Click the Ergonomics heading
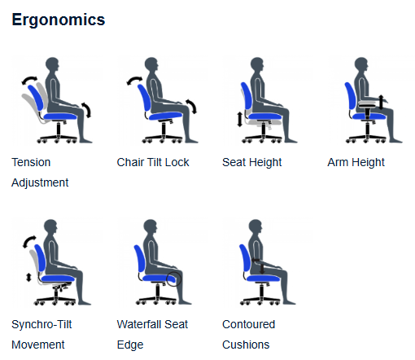(x=59, y=20)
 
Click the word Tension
(x=31, y=162)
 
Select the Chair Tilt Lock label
(x=153, y=162)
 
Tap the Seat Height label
(x=252, y=162)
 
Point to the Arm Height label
(x=356, y=162)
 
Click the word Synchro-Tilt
(x=41, y=324)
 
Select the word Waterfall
(x=140, y=324)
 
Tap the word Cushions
(x=246, y=345)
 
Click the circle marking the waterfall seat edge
(x=173, y=279)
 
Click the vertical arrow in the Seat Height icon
(x=239, y=120)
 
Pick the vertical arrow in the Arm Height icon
(x=381, y=102)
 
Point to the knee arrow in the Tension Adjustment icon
(x=87, y=110)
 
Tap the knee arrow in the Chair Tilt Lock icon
(x=191, y=106)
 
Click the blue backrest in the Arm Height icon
(x=350, y=95)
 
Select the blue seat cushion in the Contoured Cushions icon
(x=264, y=279)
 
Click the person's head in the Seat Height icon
(x=256, y=64)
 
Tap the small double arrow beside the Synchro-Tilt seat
(x=28, y=277)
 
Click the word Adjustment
(x=40, y=182)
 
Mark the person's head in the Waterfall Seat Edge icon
(x=151, y=226)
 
